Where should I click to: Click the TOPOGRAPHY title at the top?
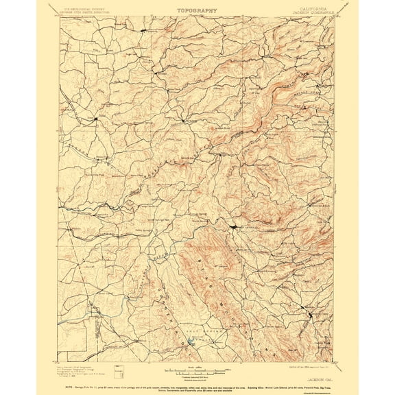coord(197,10)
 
